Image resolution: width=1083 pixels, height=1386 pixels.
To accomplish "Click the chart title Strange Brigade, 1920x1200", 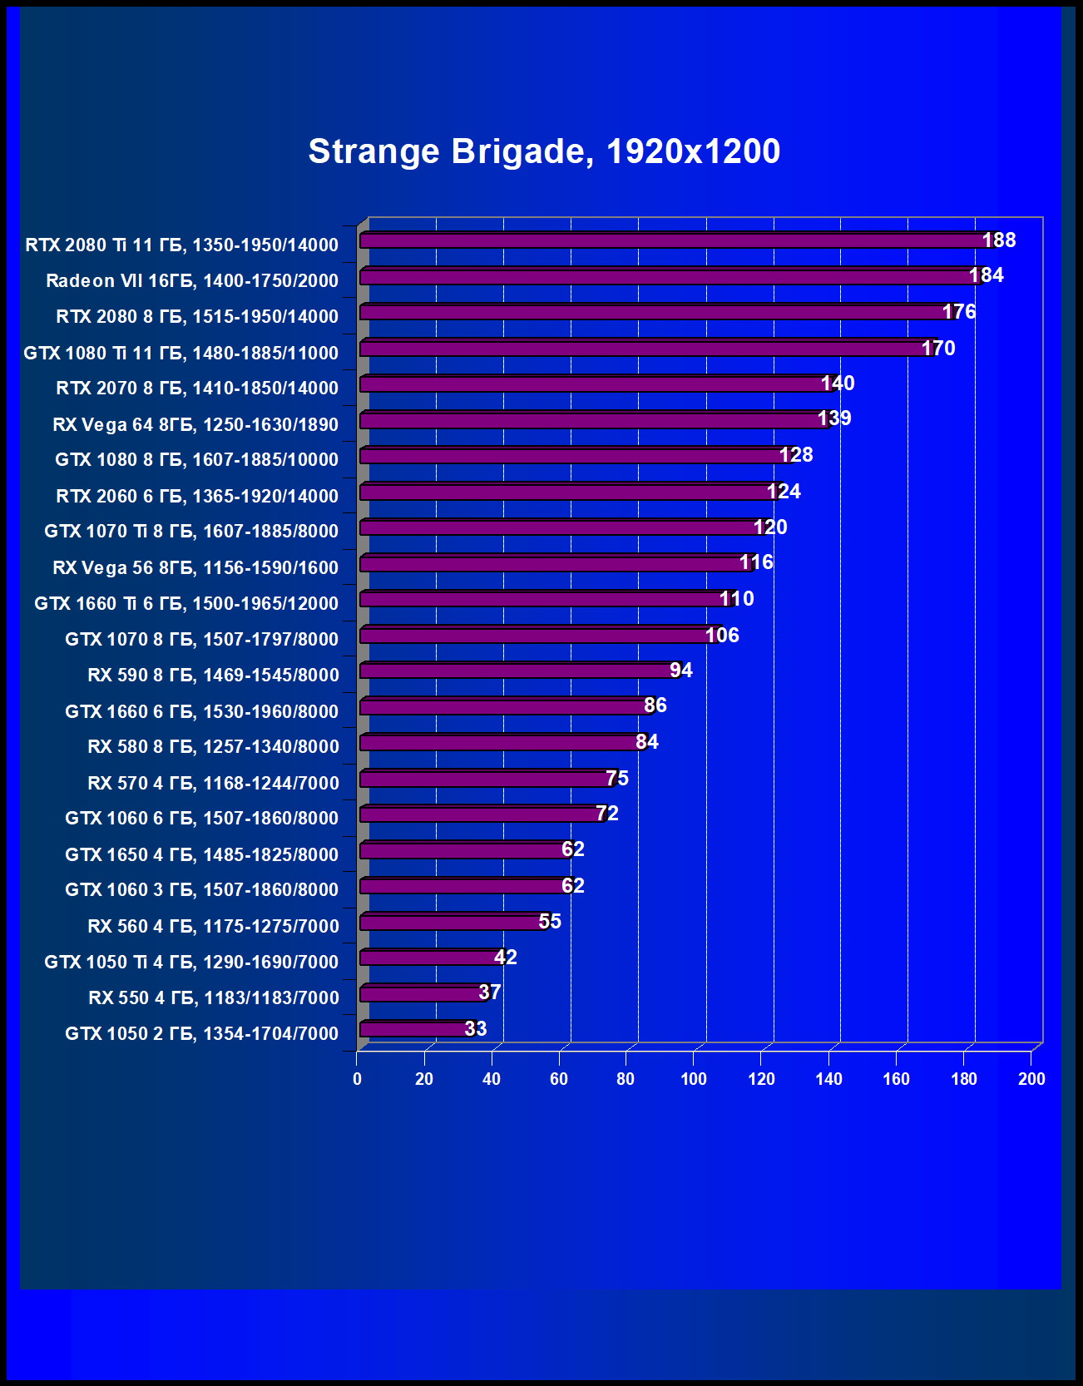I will pyautogui.click(x=544, y=151).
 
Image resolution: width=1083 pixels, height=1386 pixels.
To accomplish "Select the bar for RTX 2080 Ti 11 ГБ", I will pyautogui.click(x=674, y=240).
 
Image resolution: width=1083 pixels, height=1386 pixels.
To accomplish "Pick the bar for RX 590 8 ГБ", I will pyautogui.click(x=520, y=671).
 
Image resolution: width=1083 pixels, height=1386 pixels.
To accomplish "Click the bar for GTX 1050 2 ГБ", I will pyautogui.click(x=416, y=1029).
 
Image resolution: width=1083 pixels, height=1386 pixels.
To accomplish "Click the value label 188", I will pyautogui.click(x=999, y=240).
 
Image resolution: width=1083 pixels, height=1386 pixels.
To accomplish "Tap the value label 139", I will pyautogui.click(x=834, y=418).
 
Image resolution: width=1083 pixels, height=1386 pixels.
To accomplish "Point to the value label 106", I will pyautogui.click(x=722, y=636).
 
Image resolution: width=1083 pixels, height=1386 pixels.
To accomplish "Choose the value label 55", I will pyautogui.click(x=550, y=922).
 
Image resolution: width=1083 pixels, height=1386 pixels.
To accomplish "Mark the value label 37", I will pyautogui.click(x=490, y=992).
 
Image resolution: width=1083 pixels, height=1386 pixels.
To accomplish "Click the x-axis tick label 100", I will pyautogui.click(x=693, y=1079).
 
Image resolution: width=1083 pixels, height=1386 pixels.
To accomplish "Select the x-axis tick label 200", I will pyautogui.click(x=1031, y=1079).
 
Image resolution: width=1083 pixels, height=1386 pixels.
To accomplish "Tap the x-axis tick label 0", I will pyautogui.click(x=357, y=1079).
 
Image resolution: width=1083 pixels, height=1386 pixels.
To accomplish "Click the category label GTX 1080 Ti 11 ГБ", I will pyautogui.click(x=181, y=353).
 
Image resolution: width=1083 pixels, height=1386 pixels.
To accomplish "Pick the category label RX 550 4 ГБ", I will pyautogui.click(x=214, y=997).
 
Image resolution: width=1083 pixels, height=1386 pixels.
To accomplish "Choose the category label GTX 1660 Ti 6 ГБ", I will pyautogui.click(x=186, y=603).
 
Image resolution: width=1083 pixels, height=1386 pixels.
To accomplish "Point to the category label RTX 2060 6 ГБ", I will pyautogui.click(x=197, y=496).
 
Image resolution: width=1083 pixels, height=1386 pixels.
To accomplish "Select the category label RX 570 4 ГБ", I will pyautogui.click(x=213, y=783).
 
